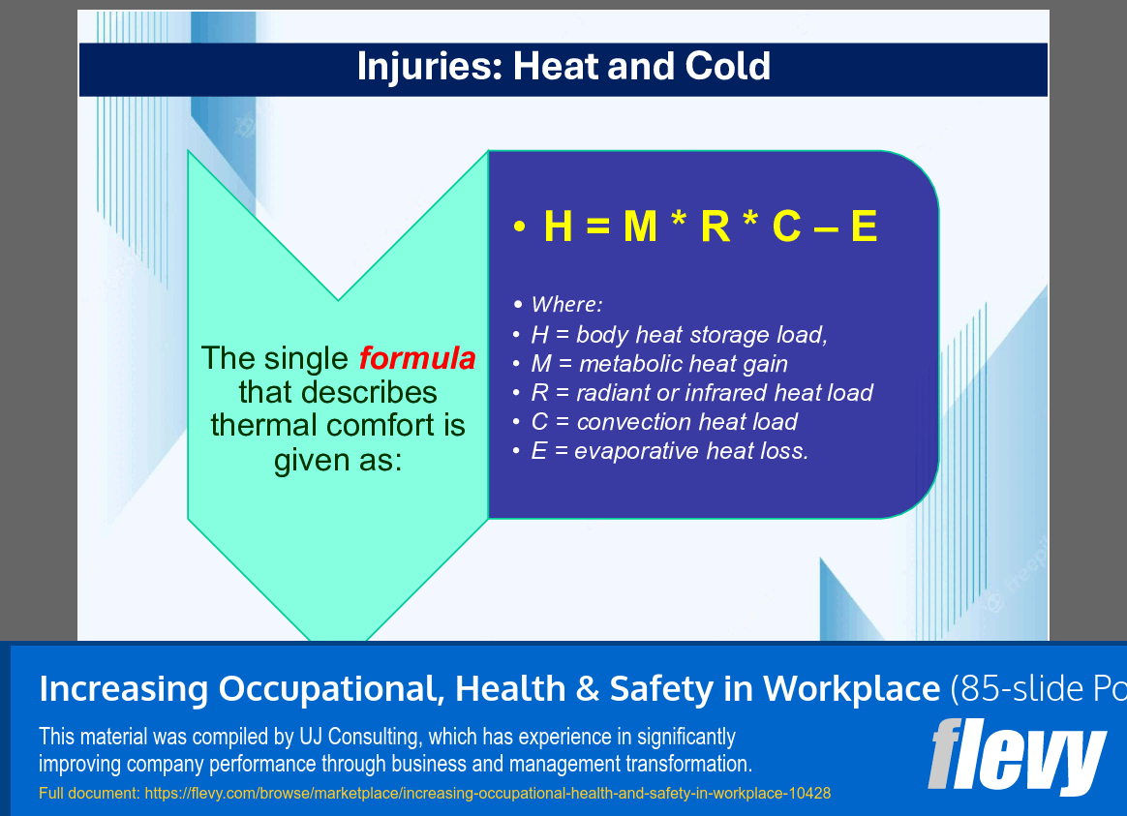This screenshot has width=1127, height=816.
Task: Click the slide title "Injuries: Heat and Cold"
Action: pos(563,67)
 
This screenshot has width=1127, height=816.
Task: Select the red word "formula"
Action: pos(417,359)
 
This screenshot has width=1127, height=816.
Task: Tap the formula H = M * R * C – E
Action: pos(710,227)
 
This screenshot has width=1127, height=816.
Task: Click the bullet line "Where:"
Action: pos(566,305)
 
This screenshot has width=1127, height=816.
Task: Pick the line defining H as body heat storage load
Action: pos(679,335)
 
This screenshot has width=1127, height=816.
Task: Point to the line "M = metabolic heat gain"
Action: pos(659,364)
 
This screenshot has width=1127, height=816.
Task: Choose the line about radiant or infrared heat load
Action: pos(702,393)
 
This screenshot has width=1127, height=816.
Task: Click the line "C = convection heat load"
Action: pos(664,422)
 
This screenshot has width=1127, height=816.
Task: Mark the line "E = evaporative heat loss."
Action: pos(669,451)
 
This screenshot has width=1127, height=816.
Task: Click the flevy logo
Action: pos(1017,756)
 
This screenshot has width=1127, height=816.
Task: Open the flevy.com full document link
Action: pos(487,794)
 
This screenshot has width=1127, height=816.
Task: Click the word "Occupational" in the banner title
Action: pos(331,689)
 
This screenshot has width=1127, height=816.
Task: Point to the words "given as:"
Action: pos(337,460)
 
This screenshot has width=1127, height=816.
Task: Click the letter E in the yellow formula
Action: pos(863,227)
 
